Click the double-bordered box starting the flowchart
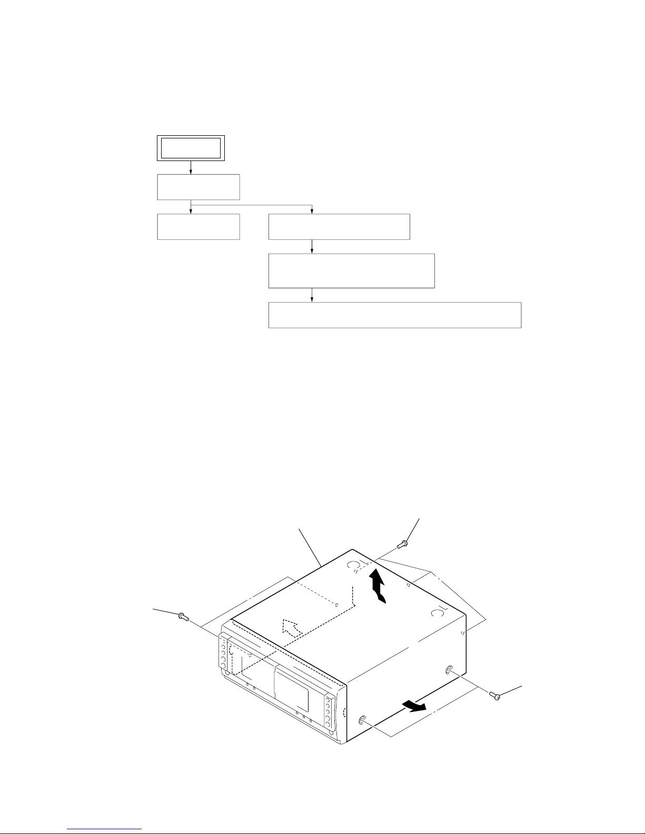tap(190, 148)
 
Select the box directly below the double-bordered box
tap(199, 187)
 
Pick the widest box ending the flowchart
tap(394, 315)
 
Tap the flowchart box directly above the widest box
tap(351, 270)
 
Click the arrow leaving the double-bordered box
tap(191, 167)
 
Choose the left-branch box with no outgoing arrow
tap(199, 226)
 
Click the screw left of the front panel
tap(183, 616)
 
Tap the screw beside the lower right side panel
tap(497, 696)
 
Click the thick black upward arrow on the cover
tap(378, 586)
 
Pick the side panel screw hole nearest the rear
tap(449, 669)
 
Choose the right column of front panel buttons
tap(330, 716)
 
